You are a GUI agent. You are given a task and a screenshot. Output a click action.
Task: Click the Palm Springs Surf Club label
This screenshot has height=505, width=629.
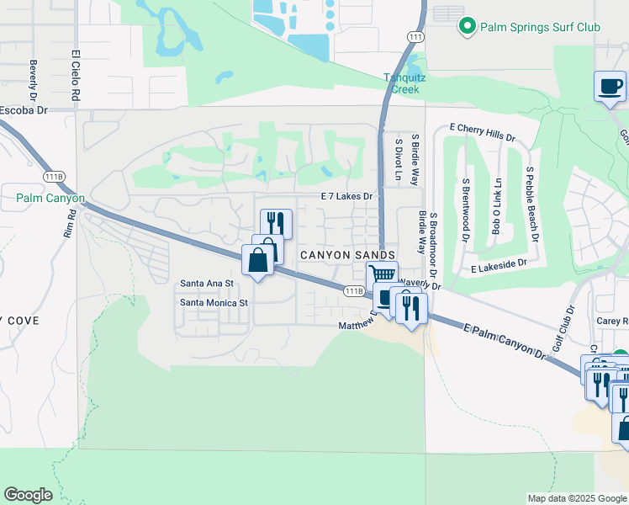(x=540, y=27)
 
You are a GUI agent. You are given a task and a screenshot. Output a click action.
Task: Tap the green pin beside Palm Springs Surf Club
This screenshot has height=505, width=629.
(x=468, y=27)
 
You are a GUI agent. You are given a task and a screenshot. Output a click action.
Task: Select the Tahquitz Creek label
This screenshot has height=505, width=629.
(x=407, y=82)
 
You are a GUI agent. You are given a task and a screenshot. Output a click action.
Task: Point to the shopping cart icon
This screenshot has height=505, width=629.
(x=382, y=274)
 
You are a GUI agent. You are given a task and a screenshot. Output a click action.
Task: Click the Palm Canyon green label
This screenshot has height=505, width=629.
(x=50, y=199)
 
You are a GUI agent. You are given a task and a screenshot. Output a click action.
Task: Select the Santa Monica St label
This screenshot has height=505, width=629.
(x=215, y=302)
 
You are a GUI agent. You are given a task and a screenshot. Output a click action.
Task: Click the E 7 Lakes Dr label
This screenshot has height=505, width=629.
(x=346, y=195)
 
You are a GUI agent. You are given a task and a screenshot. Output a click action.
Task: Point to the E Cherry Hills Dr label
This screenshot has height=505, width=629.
(x=482, y=132)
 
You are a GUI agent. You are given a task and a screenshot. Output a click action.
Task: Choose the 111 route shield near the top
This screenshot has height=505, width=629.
(x=414, y=37)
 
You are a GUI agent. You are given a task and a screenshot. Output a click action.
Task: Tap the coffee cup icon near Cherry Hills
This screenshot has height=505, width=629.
(x=610, y=86)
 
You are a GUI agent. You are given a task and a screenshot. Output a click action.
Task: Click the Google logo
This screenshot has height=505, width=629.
(x=28, y=496)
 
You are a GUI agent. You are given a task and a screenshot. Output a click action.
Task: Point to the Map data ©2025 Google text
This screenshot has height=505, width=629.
(x=576, y=498)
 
